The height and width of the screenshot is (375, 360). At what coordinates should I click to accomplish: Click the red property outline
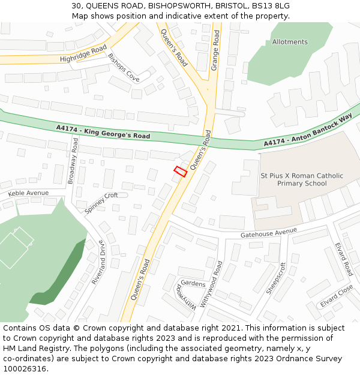180,171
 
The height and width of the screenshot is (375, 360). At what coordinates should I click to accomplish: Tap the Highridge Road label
83,53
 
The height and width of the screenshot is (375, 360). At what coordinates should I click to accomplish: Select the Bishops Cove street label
124,68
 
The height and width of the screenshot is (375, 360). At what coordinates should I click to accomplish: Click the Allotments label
290,42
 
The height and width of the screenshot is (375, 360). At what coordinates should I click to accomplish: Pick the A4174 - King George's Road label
103,132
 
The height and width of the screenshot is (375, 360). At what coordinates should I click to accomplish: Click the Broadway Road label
73,160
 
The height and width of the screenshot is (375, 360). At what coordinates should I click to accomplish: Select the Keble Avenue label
28,193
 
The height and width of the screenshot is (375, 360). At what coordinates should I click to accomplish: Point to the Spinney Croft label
101,203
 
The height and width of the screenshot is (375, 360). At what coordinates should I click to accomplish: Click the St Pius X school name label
302,179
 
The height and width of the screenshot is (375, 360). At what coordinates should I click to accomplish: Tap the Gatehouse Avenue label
269,232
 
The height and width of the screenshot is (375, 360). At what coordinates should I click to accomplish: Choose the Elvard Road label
344,259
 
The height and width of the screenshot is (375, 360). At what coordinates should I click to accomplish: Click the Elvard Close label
336,296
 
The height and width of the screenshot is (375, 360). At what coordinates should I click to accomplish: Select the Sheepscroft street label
276,278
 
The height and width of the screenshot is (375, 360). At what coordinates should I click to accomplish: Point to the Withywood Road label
211,284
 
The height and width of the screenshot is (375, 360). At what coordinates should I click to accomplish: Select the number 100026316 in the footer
23,369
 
